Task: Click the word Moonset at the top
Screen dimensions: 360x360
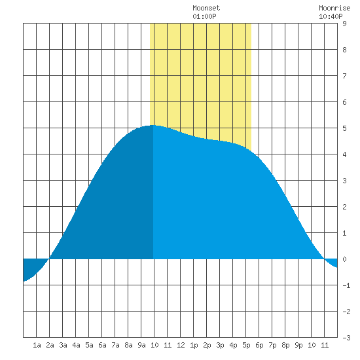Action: (x=206, y=9)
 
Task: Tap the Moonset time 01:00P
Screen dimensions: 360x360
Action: (x=204, y=16)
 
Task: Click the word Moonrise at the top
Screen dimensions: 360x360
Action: (x=334, y=9)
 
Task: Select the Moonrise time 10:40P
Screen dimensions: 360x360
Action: (x=331, y=16)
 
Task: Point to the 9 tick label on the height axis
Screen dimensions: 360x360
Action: (x=344, y=24)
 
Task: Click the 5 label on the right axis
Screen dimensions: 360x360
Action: (x=344, y=128)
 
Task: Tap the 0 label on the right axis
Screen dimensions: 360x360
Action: (x=344, y=259)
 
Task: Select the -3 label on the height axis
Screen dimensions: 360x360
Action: (x=346, y=338)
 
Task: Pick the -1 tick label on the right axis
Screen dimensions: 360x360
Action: (x=346, y=285)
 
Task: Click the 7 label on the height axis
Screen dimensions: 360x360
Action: (x=344, y=76)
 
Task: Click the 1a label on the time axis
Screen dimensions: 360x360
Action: (x=37, y=345)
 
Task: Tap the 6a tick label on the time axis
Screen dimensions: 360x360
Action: (x=102, y=345)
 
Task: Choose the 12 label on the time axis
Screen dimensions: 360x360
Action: (x=181, y=345)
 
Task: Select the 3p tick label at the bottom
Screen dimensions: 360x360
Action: (x=220, y=346)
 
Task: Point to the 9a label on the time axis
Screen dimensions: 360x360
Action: (x=141, y=345)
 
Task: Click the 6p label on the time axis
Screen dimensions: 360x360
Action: (x=259, y=346)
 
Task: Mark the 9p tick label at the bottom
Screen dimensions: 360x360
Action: (x=298, y=346)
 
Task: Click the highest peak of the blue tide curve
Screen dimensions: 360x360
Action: (x=153, y=126)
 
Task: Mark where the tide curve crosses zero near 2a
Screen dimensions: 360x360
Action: (x=49, y=259)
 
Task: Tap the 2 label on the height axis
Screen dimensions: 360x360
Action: (x=344, y=207)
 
